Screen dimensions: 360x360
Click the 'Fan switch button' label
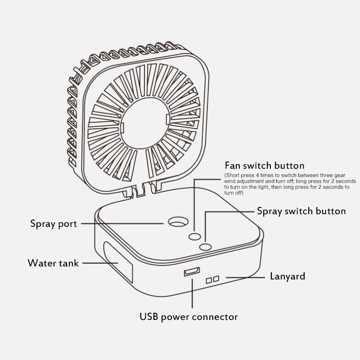[x=264, y=166]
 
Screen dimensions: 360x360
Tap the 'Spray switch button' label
[x=301, y=211]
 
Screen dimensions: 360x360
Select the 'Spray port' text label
[x=54, y=223]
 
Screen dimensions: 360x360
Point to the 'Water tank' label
[x=53, y=263]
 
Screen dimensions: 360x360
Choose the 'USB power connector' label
[x=189, y=316]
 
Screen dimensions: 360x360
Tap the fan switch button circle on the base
[x=195, y=236]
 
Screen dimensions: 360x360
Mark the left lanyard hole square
[x=208, y=280]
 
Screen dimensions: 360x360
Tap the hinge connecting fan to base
[x=140, y=189]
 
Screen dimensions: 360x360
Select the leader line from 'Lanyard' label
[x=245, y=277]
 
